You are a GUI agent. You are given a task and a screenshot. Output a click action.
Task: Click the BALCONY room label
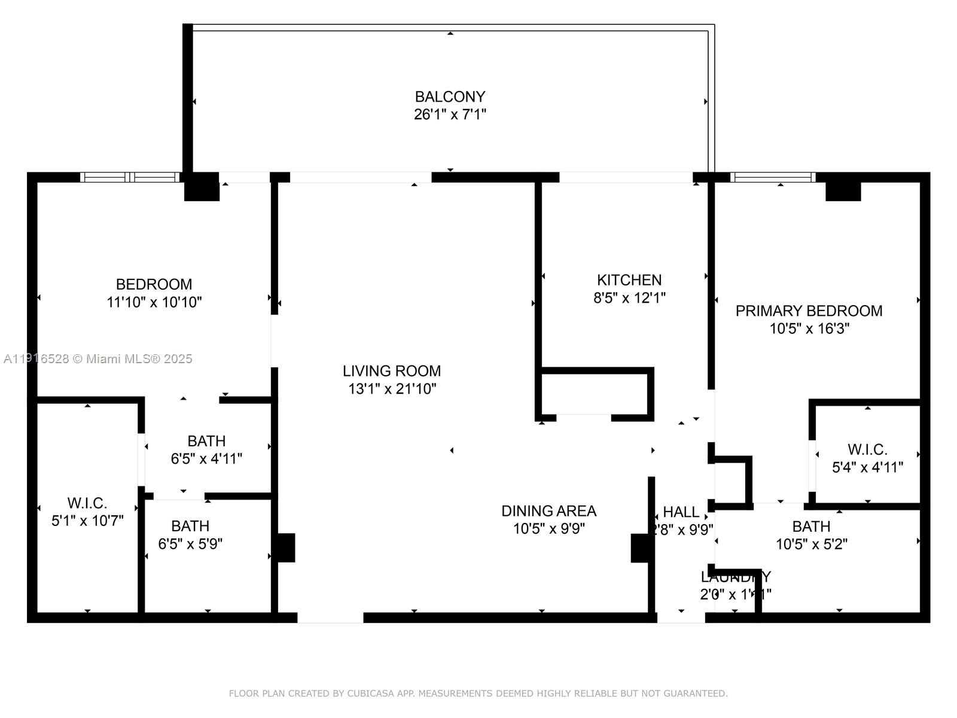point(450,96)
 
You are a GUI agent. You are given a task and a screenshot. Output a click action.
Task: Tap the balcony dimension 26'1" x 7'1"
point(450,114)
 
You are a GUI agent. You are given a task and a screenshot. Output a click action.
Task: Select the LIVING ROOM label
point(392,371)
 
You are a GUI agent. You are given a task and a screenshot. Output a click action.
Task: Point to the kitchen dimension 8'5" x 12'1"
point(629,298)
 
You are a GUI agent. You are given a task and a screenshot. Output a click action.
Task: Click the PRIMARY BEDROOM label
point(809,311)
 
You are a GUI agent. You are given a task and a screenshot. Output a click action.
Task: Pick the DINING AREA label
point(548,511)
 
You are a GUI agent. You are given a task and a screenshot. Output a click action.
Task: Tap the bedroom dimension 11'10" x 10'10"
point(154,302)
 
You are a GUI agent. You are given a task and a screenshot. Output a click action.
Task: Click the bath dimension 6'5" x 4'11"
point(206,459)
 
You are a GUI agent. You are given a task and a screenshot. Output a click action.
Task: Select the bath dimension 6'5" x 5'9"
point(190,544)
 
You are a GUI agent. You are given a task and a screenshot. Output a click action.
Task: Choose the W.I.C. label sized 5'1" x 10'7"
point(87,503)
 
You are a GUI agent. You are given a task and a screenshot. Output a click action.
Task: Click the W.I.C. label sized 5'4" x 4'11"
point(867,449)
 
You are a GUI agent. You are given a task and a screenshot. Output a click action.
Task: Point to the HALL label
point(681,512)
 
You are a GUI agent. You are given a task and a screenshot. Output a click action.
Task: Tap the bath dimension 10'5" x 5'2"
point(811,544)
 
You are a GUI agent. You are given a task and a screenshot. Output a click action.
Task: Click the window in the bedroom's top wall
point(130,177)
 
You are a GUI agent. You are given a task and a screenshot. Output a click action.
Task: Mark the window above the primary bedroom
point(773,177)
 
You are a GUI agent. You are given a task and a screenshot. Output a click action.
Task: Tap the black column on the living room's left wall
point(285,547)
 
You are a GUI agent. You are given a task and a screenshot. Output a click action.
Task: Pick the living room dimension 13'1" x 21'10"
point(392,389)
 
